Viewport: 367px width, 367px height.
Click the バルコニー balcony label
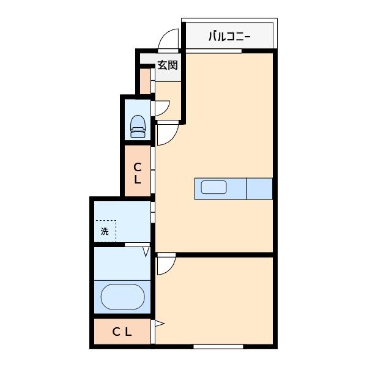click(x=229, y=36)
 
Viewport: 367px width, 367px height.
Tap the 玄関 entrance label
click(x=167, y=65)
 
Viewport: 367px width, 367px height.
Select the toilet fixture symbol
click(x=138, y=126)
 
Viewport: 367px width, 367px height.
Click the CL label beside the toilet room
click(x=138, y=174)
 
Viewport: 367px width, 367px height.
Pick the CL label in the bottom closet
click(x=122, y=332)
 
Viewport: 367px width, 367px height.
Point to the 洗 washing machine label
click(x=105, y=231)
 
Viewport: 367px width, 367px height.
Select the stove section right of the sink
click(x=259, y=188)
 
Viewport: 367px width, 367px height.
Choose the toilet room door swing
click(x=161, y=108)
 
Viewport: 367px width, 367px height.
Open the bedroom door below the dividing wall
click(x=165, y=265)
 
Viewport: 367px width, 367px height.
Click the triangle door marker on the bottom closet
click(x=158, y=324)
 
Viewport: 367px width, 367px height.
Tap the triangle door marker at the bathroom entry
click(x=146, y=250)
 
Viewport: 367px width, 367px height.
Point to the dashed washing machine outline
click(x=105, y=231)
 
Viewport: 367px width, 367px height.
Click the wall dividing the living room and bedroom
click(x=214, y=253)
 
